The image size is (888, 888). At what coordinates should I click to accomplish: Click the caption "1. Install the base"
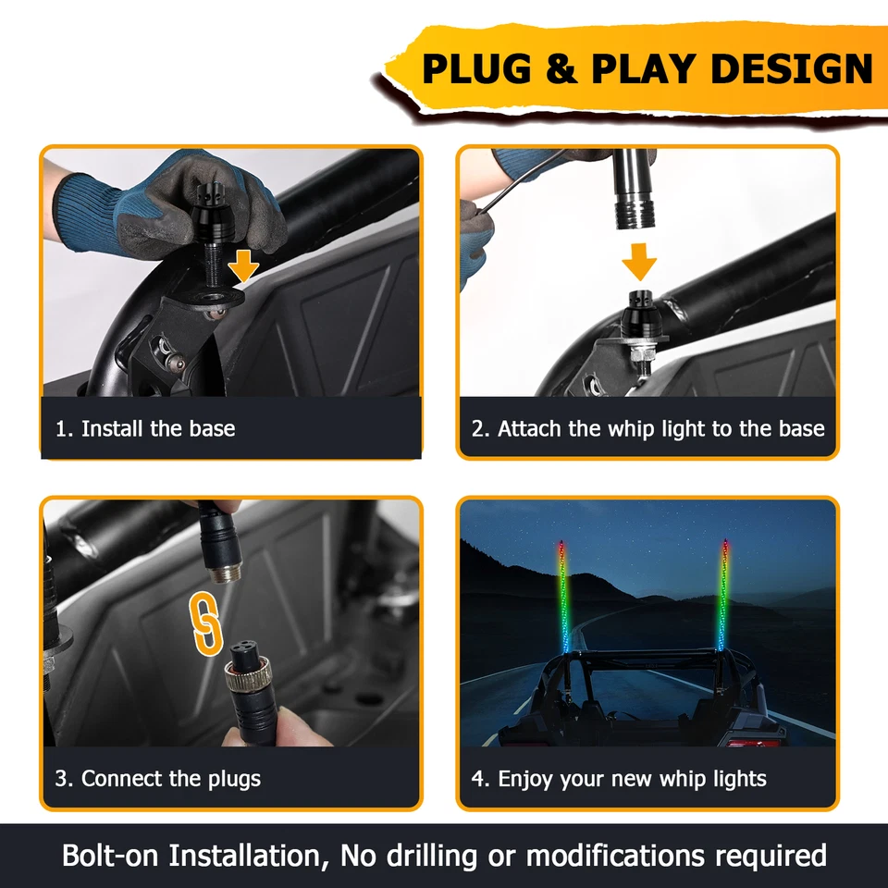[x=144, y=429]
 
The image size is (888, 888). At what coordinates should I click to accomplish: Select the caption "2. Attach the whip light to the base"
[x=647, y=429]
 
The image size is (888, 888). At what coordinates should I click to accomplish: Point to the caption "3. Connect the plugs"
[x=157, y=779]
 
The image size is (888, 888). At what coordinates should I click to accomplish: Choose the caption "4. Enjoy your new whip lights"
[x=619, y=779]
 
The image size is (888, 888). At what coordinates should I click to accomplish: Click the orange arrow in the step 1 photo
[x=243, y=265]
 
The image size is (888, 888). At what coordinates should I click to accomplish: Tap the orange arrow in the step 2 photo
[x=638, y=261]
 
